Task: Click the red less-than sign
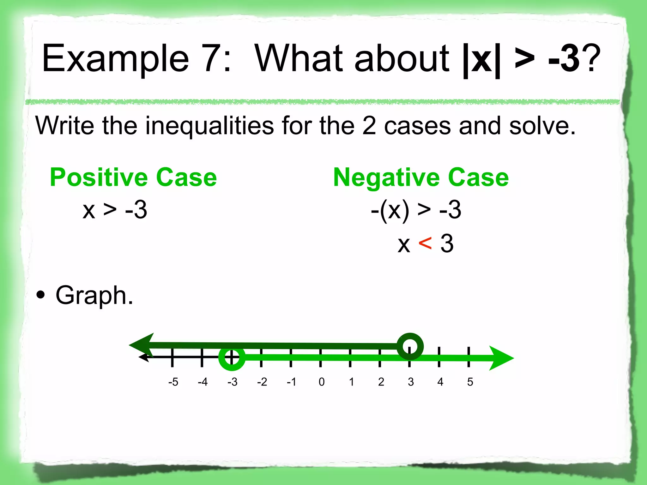[x=425, y=244]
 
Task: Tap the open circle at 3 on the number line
[x=410, y=346]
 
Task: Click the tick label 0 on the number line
[x=321, y=382]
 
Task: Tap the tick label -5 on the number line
[x=173, y=382]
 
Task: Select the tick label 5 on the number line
[x=470, y=382]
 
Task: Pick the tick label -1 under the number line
[x=291, y=382]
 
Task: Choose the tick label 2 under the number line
[x=381, y=382]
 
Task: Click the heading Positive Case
[x=133, y=177]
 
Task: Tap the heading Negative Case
[x=421, y=177]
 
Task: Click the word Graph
[x=94, y=296]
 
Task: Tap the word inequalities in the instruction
[x=209, y=126]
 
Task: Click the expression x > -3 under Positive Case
[x=115, y=210]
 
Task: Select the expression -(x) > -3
[x=416, y=210]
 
